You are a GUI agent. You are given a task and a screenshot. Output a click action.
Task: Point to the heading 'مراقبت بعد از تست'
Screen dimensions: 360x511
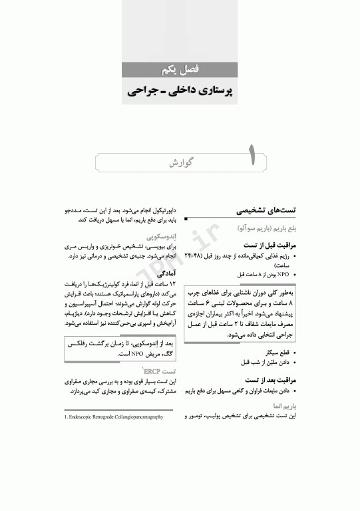(269, 380)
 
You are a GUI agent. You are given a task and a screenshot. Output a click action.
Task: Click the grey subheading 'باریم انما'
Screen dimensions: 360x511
(281, 405)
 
